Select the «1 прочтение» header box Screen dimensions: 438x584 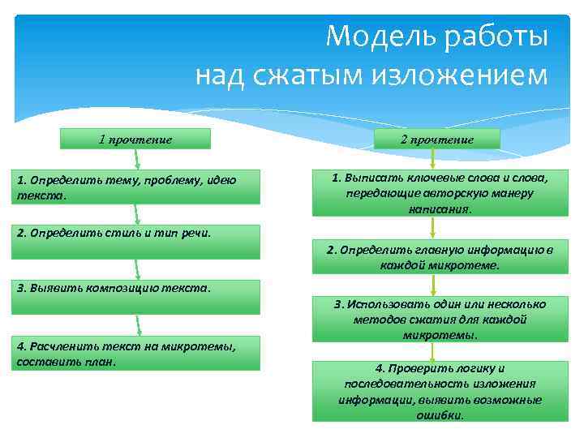(x=135, y=139)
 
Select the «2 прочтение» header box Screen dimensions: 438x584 (x=437, y=139)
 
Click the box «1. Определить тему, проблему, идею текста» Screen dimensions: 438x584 (x=135, y=187)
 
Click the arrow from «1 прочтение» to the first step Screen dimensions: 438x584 (x=136, y=160)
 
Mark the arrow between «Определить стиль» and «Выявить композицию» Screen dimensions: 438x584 (x=138, y=268)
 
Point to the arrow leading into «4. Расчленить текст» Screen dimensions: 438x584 (x=139, y=324)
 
